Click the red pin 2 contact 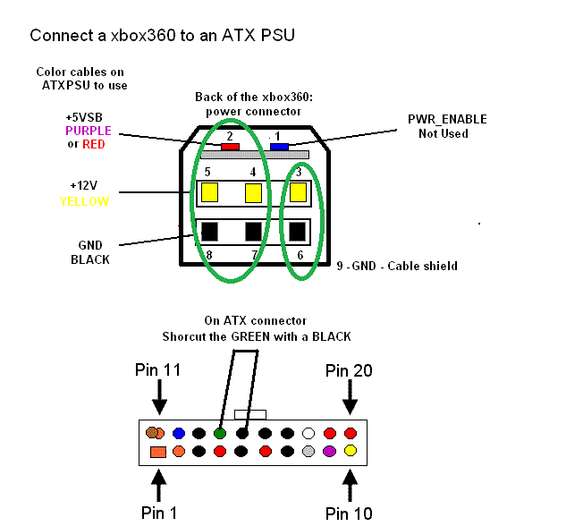pyautogui.click(x=230, y=147)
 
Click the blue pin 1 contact pyautogui.click(x=279, y=147)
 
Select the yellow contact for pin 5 pyautogui.click(x=210, y=192)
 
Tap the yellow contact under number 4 pyautogui.click(x=254, y=192)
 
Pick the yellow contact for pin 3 pyautogui.click(x=299, y=191)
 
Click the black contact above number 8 pyautogui.click(x=210, y=232)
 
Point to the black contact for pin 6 pyautogui.click(x=299, y=232)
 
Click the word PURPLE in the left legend pyautogui.click(x=89, y=131)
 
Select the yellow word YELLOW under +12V pyautogui.click(x=85, y=201)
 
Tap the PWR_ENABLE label pyautogui.click(x=447, y=120)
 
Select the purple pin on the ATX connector pyautogui.click(x=330, y=451)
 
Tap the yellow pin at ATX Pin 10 pyautogui.click(x=351, y=451)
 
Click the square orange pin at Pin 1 pyautogui.click(x=158, y=452)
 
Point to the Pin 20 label pyautogui.click(x=349, y=370)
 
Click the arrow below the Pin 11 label pyautogui.click(x=159, y=393)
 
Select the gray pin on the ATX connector pyautogui.click(x=308, y=451)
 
